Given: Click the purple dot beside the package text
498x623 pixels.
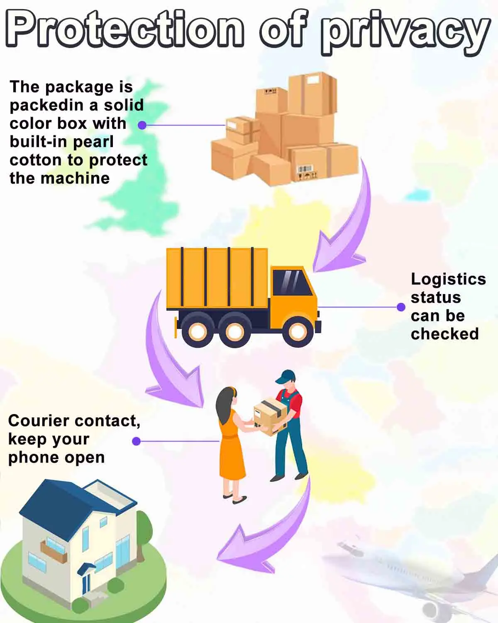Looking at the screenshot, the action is [x=142, y=125].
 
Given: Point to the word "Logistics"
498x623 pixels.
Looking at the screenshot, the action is [x=448, y=279].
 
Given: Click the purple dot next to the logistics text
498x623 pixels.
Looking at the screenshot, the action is [x=401, y=307].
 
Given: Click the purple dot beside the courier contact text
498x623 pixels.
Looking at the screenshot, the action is [x=136, y=441].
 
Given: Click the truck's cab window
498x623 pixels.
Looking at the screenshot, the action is [x=292, y=282].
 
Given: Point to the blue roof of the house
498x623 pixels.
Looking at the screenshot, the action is [x=62, y=503].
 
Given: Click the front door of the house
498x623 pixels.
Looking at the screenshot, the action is [x=86, y=581].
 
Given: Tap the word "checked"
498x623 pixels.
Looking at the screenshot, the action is [x=444, y=334].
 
